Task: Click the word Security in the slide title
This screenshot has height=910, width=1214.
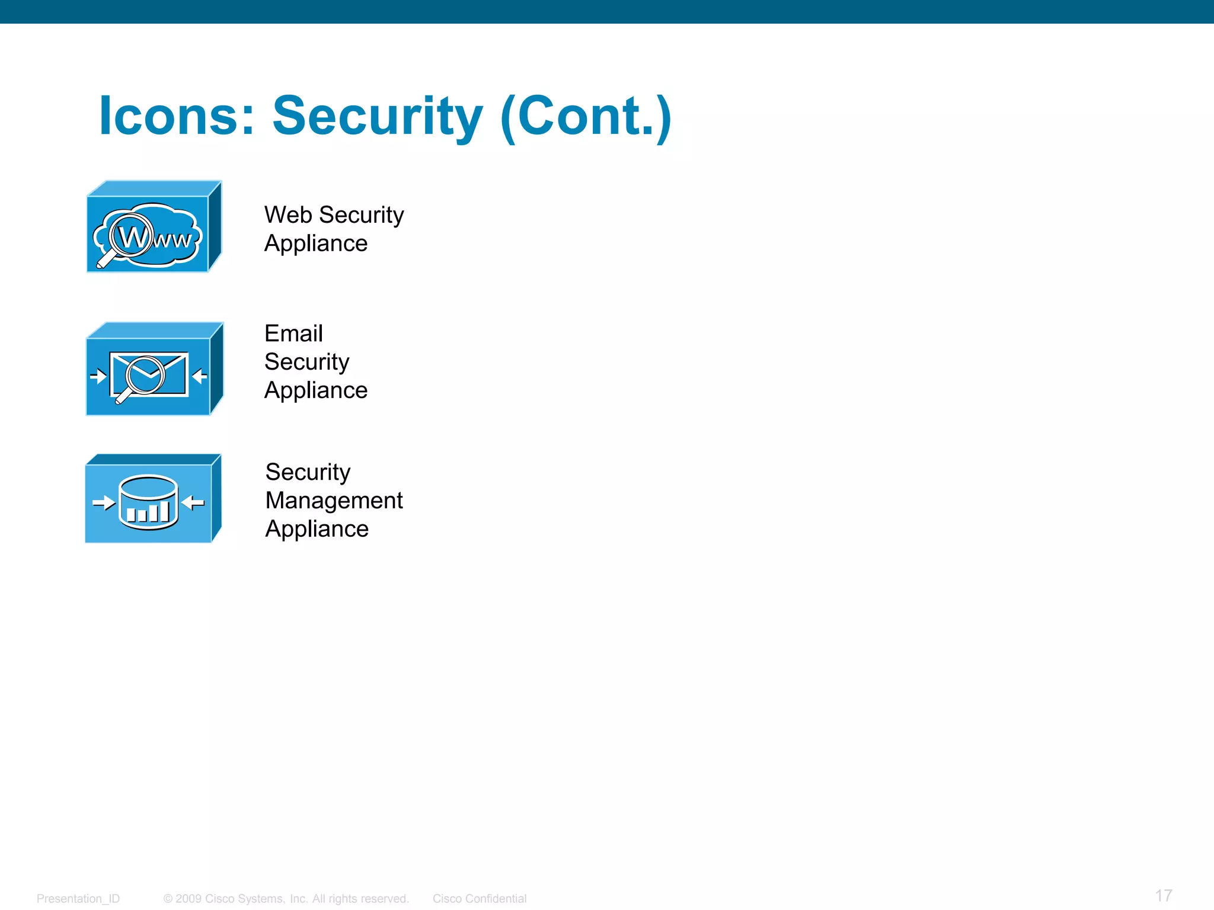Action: [x=377, y=116]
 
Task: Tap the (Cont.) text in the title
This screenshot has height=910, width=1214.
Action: [x=586, y=116]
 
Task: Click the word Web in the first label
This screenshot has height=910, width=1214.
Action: [x=288, y=215]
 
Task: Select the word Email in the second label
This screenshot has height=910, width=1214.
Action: [x=293, y=334]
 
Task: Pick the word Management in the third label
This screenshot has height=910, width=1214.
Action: [x=334, y=501]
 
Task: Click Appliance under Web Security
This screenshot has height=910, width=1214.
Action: [x=316, y=243]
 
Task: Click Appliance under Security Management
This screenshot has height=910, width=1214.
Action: [x=317, y=529]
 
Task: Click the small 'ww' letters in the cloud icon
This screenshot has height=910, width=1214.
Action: [x=173, y=240]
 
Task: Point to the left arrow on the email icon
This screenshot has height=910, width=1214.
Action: [x=98, y=376]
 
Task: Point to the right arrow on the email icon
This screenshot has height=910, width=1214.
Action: [x=200, y=376]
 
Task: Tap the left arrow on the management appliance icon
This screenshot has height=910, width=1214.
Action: [x=104, y=504]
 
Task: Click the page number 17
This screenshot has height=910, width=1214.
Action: [x=1164, y=896]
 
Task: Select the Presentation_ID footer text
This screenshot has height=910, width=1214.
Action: [x=78, y=899]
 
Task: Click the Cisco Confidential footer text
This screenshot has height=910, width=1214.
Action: [x=480, y=899]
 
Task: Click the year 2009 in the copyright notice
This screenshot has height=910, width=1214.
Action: [x=189, y=899]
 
